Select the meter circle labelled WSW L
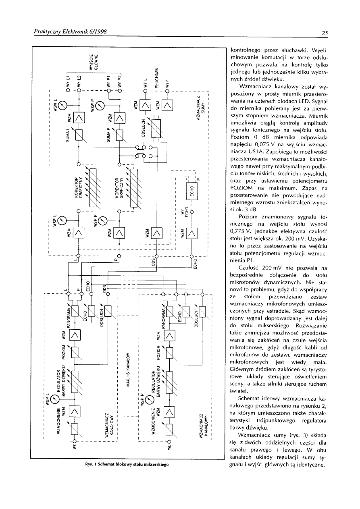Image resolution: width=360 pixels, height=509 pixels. pos(62,106)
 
